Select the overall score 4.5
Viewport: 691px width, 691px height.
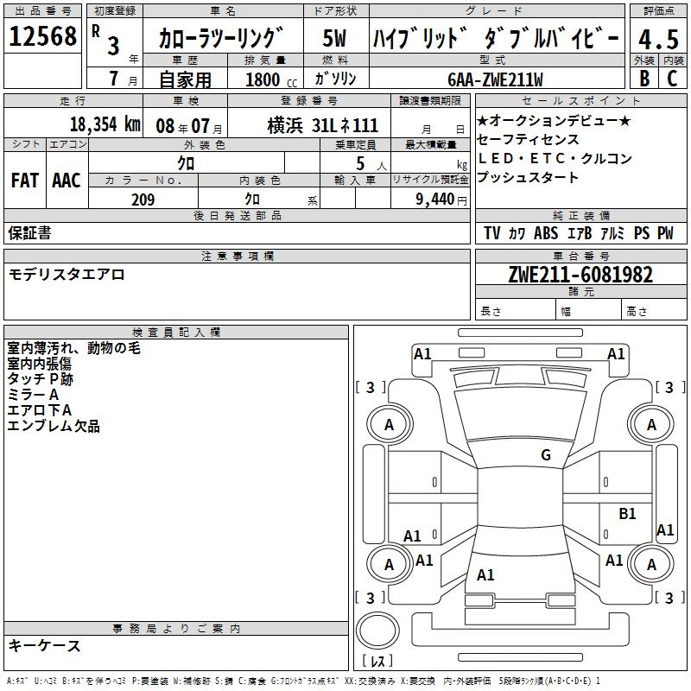coord(658,39)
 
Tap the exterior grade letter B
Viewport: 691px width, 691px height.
coord(643,78)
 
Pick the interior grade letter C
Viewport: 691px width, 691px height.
coord(673,78)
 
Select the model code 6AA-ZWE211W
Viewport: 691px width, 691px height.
coord(495,79)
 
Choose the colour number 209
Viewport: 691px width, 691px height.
coord(143,200)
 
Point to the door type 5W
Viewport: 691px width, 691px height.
coord(335,39)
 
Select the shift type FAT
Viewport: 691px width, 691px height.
coord(25,180)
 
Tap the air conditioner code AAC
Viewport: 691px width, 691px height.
coord(67,180)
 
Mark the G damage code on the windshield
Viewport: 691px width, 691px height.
coord(546,455)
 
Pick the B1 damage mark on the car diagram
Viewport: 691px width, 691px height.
coord(627,514)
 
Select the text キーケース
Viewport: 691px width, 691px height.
coord(44,645)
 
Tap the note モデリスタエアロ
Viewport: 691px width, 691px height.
coord(67,275)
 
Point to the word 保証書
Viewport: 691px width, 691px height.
coord(29,233)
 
